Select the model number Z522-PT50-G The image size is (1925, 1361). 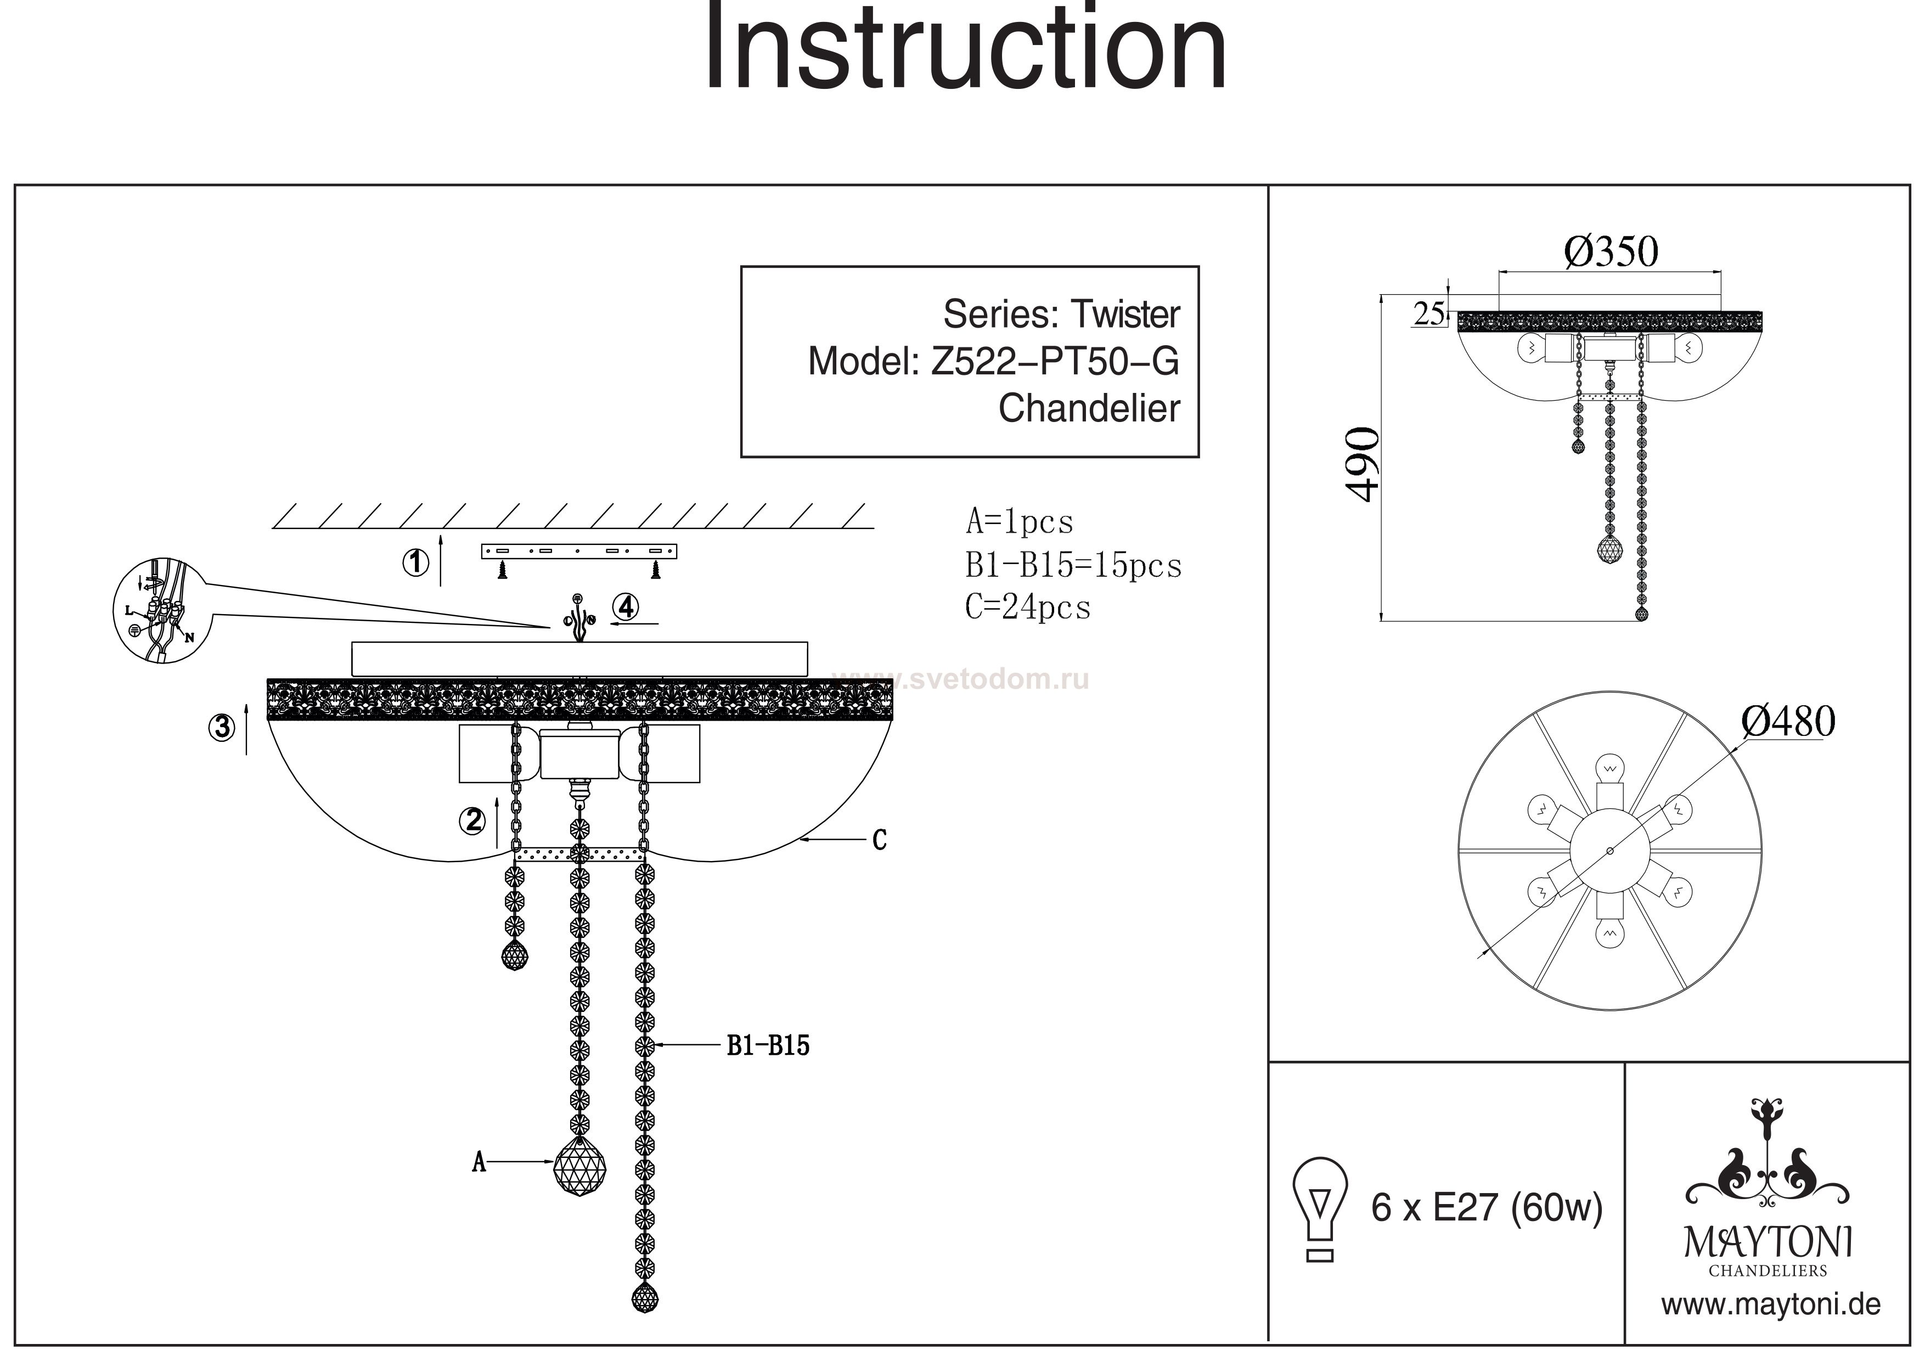(1055, 362)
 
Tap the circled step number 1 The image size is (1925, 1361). (416, 563)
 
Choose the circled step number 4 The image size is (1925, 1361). (626, 606)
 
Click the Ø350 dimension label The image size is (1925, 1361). (1611, 251)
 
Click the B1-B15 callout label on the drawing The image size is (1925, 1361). (768, 1045)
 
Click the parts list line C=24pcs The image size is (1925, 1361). (1028, 607)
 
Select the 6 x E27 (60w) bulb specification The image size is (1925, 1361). (1487, 1207)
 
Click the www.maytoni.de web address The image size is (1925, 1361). (1771, 1305)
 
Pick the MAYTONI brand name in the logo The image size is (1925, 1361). (1768, 1243)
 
